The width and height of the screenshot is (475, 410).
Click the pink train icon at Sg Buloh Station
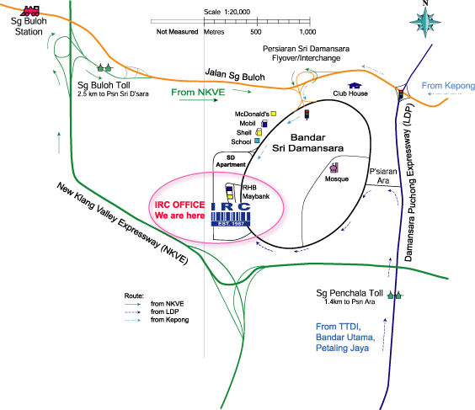click(30, 11)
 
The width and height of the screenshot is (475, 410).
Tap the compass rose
click(425, 21)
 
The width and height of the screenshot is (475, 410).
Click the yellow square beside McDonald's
click(274, 114)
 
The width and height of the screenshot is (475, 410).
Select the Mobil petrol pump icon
click(264, 123)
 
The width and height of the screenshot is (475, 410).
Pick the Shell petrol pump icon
click(259, 132)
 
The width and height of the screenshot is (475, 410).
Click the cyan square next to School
click(257, 141)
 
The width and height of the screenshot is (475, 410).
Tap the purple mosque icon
click(334, 168)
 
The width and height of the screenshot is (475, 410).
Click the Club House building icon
click(355, 86)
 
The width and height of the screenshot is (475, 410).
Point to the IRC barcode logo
click(231, 215)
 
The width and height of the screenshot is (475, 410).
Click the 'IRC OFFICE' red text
click(179, 205)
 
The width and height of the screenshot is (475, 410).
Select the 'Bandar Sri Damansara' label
click(307, 142)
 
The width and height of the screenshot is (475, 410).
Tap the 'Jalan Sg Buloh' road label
click(235, 75)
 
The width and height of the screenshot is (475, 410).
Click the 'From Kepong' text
click(448, 86)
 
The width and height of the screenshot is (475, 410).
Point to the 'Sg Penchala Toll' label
click(350, 293)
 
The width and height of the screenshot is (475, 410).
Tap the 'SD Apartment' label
click(231, 161)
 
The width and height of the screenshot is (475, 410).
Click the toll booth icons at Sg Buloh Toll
click(104, 67)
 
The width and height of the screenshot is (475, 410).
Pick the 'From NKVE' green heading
click(198, 92)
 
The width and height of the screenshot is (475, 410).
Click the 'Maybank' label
click(256, 196)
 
